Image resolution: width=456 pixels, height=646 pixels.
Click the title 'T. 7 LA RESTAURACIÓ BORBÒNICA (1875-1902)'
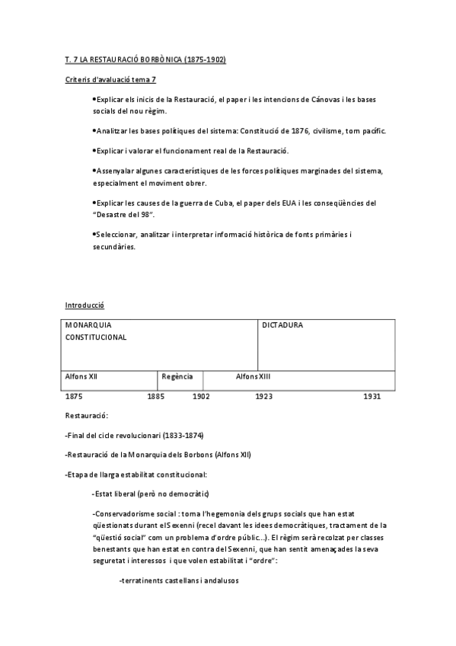pos(145,59)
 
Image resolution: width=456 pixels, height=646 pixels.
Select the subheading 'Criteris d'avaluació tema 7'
pos(111,79)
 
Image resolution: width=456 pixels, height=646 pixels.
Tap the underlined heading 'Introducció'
pos(85,305)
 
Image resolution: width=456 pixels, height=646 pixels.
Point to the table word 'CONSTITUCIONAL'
pos(96,337)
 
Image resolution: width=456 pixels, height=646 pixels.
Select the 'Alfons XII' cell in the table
pos(81,376)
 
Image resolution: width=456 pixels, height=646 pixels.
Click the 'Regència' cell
pos(177,376)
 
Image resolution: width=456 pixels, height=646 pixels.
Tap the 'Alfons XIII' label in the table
pos(254,376)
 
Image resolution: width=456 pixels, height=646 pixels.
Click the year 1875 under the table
pos(74,396)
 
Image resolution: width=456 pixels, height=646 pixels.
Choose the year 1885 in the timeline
pos(155,396)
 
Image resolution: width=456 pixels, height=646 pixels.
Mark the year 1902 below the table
pos(201,396)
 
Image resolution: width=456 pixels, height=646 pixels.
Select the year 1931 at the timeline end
pos(371,396)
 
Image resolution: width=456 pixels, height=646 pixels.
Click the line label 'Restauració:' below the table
pos(87,416)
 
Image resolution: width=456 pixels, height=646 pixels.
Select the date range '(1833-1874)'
pos(183,436)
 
